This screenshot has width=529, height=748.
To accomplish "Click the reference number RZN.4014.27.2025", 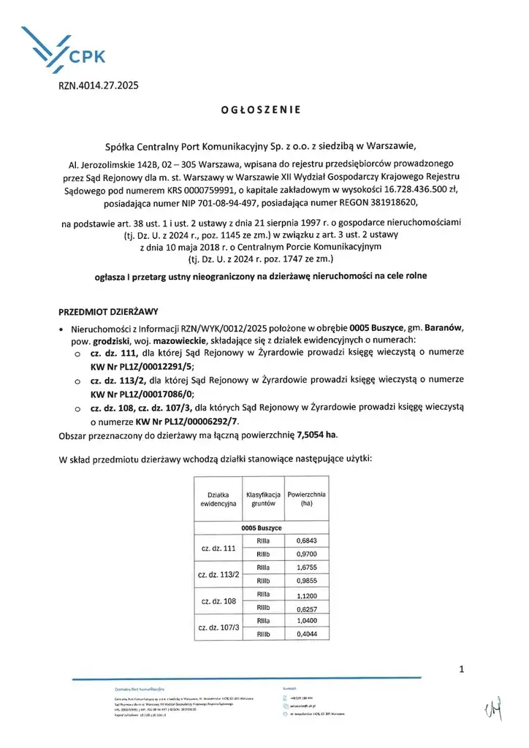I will click(98, 85).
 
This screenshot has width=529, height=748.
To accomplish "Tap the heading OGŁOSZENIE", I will click(260, 110).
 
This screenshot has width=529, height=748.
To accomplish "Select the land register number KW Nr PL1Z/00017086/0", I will click(142, 396).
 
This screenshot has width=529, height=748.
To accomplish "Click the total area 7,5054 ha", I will click(317, 435).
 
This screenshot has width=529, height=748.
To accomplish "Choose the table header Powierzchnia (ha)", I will click(306, 500).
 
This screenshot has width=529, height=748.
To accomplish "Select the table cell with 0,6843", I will click(305, 540).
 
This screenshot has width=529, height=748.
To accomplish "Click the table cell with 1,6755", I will click(305, 567).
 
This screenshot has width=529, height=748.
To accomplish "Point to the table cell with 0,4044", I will click(305, 635).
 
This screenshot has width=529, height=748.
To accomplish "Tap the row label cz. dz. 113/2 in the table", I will click(218, 574).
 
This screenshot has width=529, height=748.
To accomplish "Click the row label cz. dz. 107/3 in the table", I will click(218, 627).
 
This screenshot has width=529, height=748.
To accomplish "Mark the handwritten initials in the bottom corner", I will click(491, 706).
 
